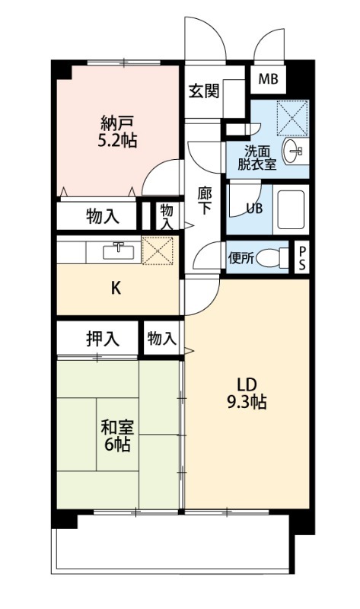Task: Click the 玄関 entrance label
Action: [x=204, y=91]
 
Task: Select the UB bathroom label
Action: [x=254, y=207]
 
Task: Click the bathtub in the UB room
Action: [x=290, y=206]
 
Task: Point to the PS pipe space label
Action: [x=303, y=257]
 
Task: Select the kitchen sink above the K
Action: [x=119, y=250]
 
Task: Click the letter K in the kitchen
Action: [x=116, y=288]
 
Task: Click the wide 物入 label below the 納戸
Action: [x=101, y=216]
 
